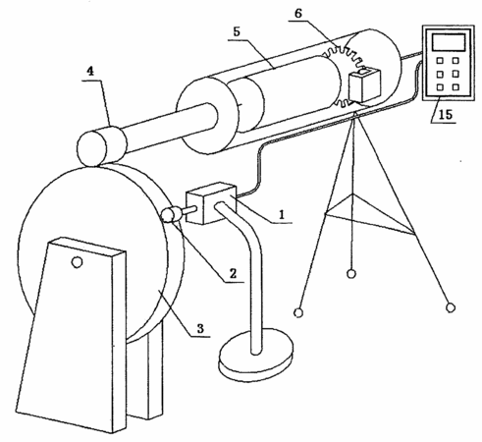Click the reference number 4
pyautogui.click(x=90, y=72)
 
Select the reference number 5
pyautogui.click(x=237, y=31)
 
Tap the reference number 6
pyautogui.click(x=298, y=14)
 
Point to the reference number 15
pyautogui.click(x=445, y=114)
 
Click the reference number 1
pyautogui.click(x=282, y=214)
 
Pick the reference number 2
pyautogui.click(x=233, y=273)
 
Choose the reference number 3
pyautogui.click(x=200, y=328)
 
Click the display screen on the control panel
pyautogui.click(x=449, y=41)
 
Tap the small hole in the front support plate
pyautogui.click(x=77, y=262)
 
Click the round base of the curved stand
pyautogui.click(x=256, y=356)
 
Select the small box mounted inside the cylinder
pyautogui.click(x=364, y=84)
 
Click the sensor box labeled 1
pyautogui.click(x=211, y=203)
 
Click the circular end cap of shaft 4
pyautogui.click(x=92, y=148)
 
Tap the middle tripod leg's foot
pyautogui.click(x=351, y=274)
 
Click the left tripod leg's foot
pyautogui.click(x=298, y=313)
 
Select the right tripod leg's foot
pyautogui.click(x=451, y=307)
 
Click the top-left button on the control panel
pyautogui.click(x=440, y=61)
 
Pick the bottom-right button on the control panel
pyautogui.click(x=455, y=87)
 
